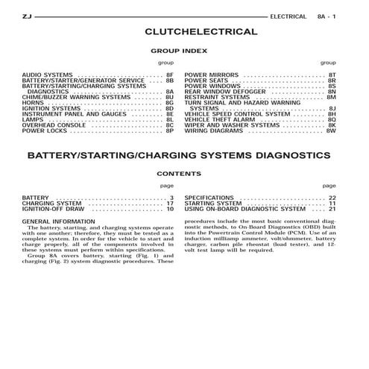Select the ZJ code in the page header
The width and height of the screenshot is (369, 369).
pos(28,15)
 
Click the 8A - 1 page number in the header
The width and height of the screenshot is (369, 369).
pos(328,15)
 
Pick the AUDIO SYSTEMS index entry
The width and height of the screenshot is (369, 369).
pos(48,75)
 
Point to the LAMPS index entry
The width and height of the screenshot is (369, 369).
pos(33,119)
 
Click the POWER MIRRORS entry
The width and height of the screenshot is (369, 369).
pos(211,75)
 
